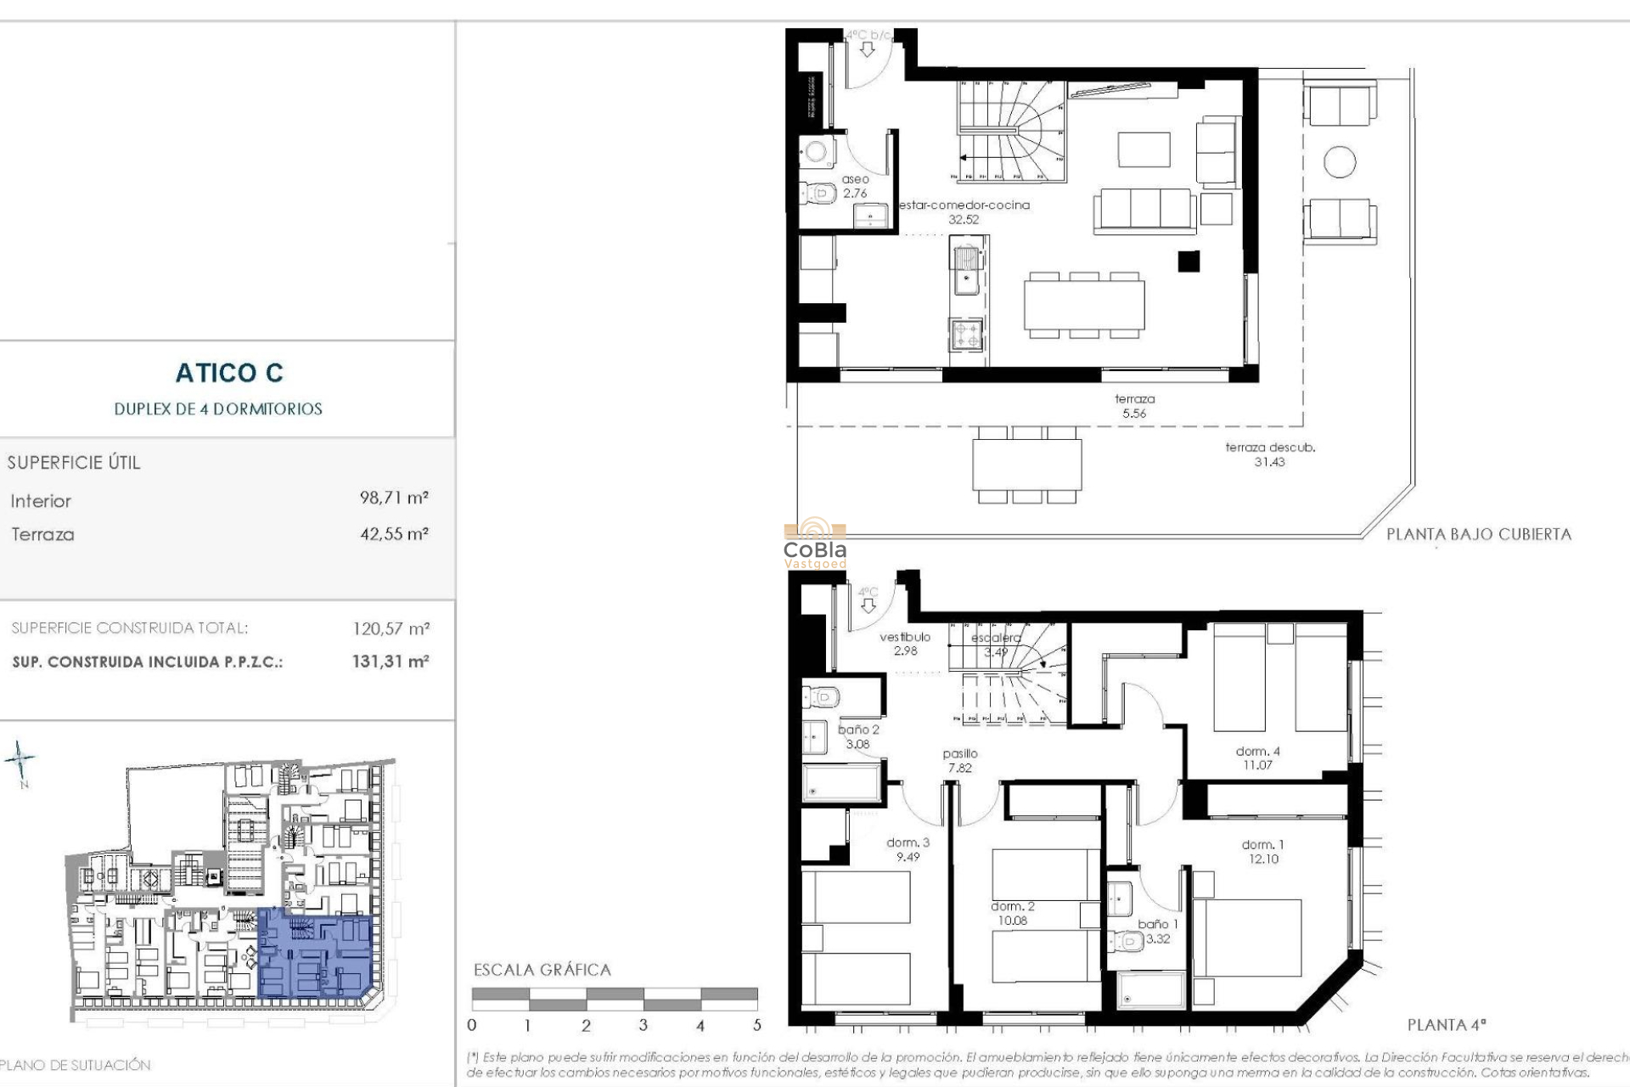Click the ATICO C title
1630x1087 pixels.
[229, 373]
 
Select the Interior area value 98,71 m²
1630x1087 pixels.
[394, 498]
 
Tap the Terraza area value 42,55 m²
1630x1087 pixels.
[394, 534]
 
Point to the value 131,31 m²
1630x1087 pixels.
[391, 661]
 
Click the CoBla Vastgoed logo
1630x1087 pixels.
[815, 543]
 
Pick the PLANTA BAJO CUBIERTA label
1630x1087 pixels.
[1478, 534]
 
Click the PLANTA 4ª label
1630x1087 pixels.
[1447, 1025]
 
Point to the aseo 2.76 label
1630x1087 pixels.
[855, 186]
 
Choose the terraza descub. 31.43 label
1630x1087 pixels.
[1269, 454]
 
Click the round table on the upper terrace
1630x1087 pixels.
[1340, 161]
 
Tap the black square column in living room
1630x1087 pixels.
[1189, 262]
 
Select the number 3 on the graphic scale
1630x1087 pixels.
[643, 1025]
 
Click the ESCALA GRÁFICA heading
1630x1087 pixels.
[542, 970]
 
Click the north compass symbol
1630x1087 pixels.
[20, 760]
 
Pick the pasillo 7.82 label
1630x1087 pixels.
[959, 760]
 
